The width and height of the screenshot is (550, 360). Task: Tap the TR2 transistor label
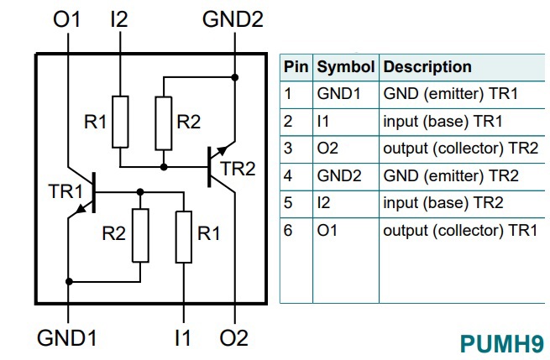coord(238,168)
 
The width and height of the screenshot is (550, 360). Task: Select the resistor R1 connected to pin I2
coord(121,122)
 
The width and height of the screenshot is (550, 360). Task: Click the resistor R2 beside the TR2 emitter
coord(164,122)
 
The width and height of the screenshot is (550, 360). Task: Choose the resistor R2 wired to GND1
coord(140,236)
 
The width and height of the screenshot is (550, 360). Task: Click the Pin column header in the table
coord(296,66)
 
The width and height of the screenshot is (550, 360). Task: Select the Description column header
coord(427,66)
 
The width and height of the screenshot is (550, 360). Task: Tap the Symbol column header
coord(345,66)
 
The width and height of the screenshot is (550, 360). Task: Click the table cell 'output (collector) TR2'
coord(460,149)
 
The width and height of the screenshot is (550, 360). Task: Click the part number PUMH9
coord(501,342)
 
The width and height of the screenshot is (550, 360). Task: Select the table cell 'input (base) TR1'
coord(443,121)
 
